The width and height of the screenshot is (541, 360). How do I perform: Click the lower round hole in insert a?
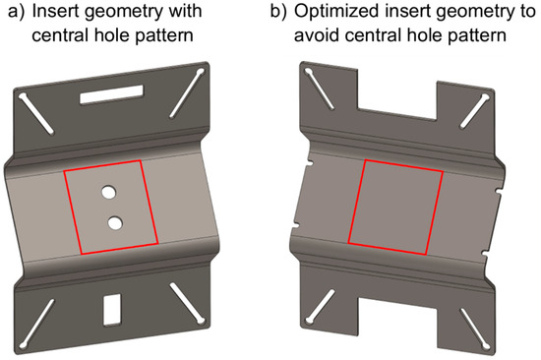tap(116, 222)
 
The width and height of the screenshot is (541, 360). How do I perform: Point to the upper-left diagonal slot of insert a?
tap(36, 115)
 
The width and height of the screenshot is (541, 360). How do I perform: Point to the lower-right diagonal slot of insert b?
tap(470, 308)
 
